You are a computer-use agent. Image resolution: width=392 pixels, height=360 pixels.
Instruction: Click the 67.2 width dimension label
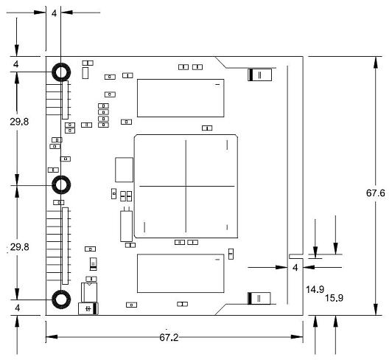(169, 337)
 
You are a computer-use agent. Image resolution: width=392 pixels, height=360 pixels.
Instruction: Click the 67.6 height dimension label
(376, 193)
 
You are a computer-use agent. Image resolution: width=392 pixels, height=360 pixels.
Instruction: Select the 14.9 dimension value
(315, 290)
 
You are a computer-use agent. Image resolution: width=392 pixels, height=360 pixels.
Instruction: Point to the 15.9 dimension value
(334, 298)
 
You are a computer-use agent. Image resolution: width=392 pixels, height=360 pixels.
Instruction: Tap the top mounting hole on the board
(61, 72)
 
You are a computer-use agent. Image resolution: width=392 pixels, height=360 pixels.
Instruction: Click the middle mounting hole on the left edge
(61, 184)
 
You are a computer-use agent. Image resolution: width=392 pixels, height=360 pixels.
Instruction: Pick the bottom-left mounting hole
(61, 300)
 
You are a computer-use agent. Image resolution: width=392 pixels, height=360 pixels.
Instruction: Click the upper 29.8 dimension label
(19, 122)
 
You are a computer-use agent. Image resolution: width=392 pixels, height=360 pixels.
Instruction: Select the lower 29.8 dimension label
(19, 247)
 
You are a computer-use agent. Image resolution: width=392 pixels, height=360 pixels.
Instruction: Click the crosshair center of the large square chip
(186, 186)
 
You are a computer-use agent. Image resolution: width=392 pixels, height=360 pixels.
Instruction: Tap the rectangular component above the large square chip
(181, 98)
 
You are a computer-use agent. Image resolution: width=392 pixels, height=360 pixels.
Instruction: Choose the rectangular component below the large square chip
(181, 273)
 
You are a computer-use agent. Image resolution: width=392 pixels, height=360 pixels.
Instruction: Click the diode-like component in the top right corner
(260, 75)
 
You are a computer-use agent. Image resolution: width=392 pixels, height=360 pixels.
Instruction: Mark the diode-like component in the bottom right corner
(259, 298)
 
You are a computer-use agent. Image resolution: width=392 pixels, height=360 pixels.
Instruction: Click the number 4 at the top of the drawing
(54, 13)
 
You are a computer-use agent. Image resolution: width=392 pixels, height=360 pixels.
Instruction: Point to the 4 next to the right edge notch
(295, 268)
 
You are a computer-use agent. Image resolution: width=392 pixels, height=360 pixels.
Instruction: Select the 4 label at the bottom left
(17, 308)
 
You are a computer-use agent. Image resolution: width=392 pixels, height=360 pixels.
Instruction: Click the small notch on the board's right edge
(296, 257)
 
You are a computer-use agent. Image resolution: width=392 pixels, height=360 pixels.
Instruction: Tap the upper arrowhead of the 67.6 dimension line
(376, 63)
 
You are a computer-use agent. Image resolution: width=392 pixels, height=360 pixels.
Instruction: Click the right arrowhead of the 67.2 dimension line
(297, 337)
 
